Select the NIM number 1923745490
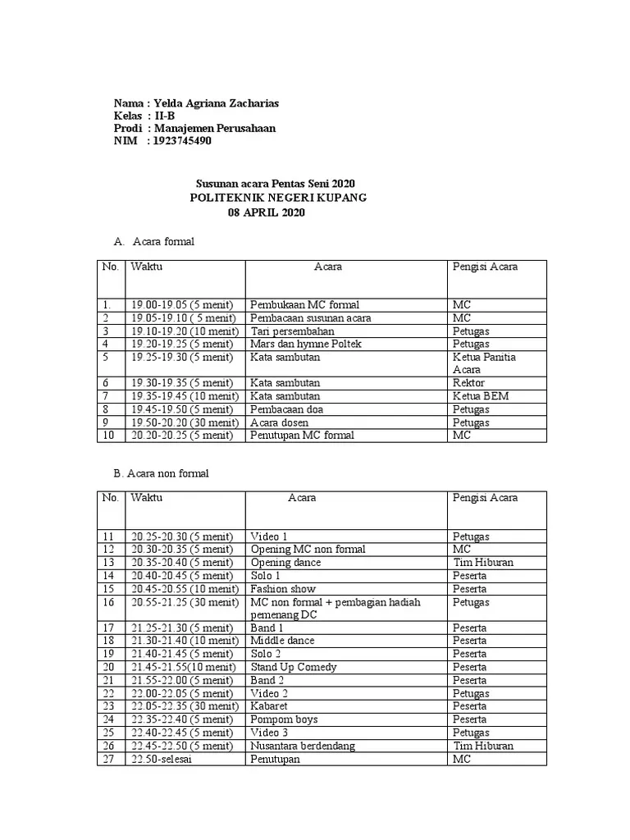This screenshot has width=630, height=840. pos(189,141)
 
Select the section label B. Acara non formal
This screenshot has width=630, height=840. pos(161,473)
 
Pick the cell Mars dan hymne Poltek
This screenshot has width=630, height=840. pos(306,344)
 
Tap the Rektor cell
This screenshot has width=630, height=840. pos(468,383)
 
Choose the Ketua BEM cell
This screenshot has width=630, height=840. pos(481,396)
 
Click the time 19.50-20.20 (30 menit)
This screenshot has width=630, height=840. pos(184,422)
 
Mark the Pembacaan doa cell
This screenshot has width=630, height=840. pos(291,409)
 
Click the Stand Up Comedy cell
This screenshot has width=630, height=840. pos(294,667)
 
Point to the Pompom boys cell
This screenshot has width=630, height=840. pos(284,719)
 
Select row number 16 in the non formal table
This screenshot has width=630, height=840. pos(109,602)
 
